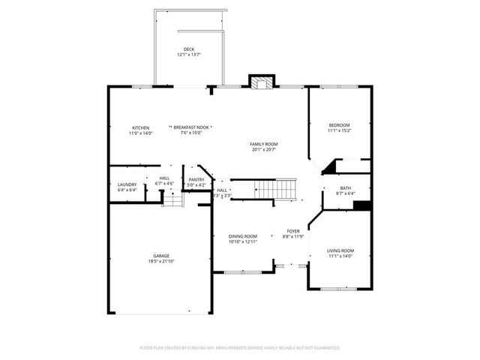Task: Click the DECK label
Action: point(189,49)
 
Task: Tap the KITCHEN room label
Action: point(141,127)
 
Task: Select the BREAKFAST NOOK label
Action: point(191,127)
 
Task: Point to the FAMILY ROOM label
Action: point(264,143)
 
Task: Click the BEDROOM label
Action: point(339,124)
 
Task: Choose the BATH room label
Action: point(345,188)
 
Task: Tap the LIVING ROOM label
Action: point(340,250)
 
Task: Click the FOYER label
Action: point(293,231)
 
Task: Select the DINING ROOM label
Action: point(243,236)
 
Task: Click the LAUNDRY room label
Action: point(127,184)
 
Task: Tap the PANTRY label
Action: point(196,179)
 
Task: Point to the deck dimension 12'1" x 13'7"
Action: point(189,55)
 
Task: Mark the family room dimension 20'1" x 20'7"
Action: point(264,149)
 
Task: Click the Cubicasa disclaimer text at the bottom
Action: point(240,348)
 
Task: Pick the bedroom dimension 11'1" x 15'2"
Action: point(339,130)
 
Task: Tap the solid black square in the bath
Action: point(362,205)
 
